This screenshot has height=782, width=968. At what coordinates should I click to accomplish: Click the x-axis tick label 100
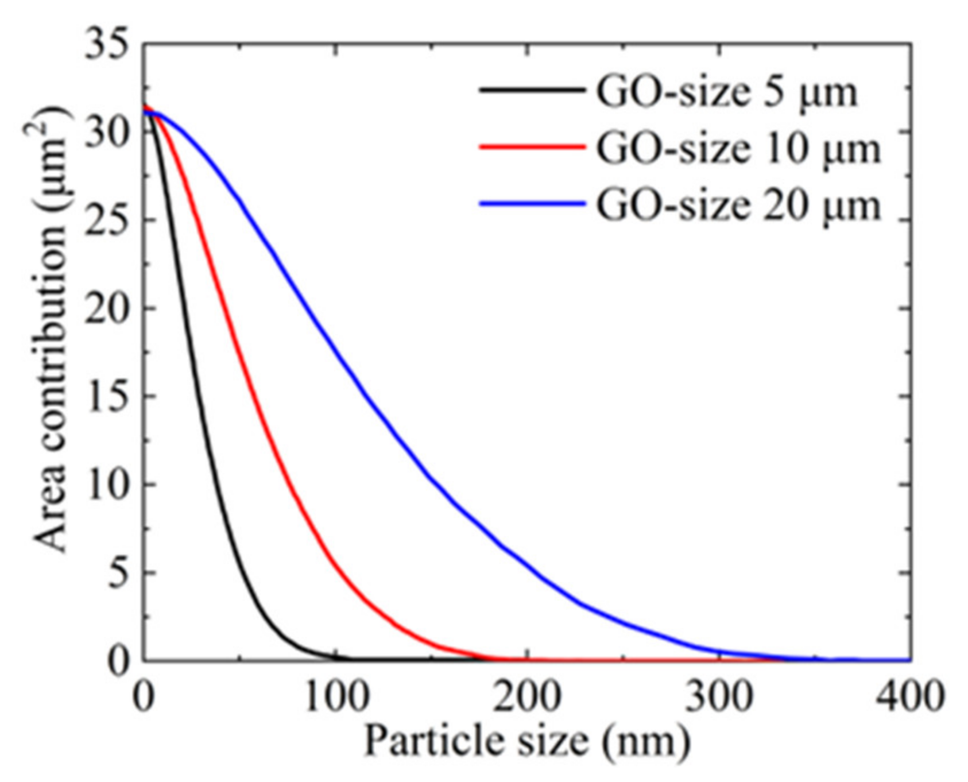coord(335,696)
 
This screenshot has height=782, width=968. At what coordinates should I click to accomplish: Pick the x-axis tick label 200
coord(526,696)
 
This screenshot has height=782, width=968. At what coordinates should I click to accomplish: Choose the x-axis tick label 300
coord(718,696)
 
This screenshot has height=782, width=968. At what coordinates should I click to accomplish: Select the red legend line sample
coord(531,146)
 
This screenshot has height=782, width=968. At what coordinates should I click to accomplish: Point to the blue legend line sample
coord(531,203)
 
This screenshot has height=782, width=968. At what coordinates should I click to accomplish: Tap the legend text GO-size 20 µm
coord(738,205)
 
